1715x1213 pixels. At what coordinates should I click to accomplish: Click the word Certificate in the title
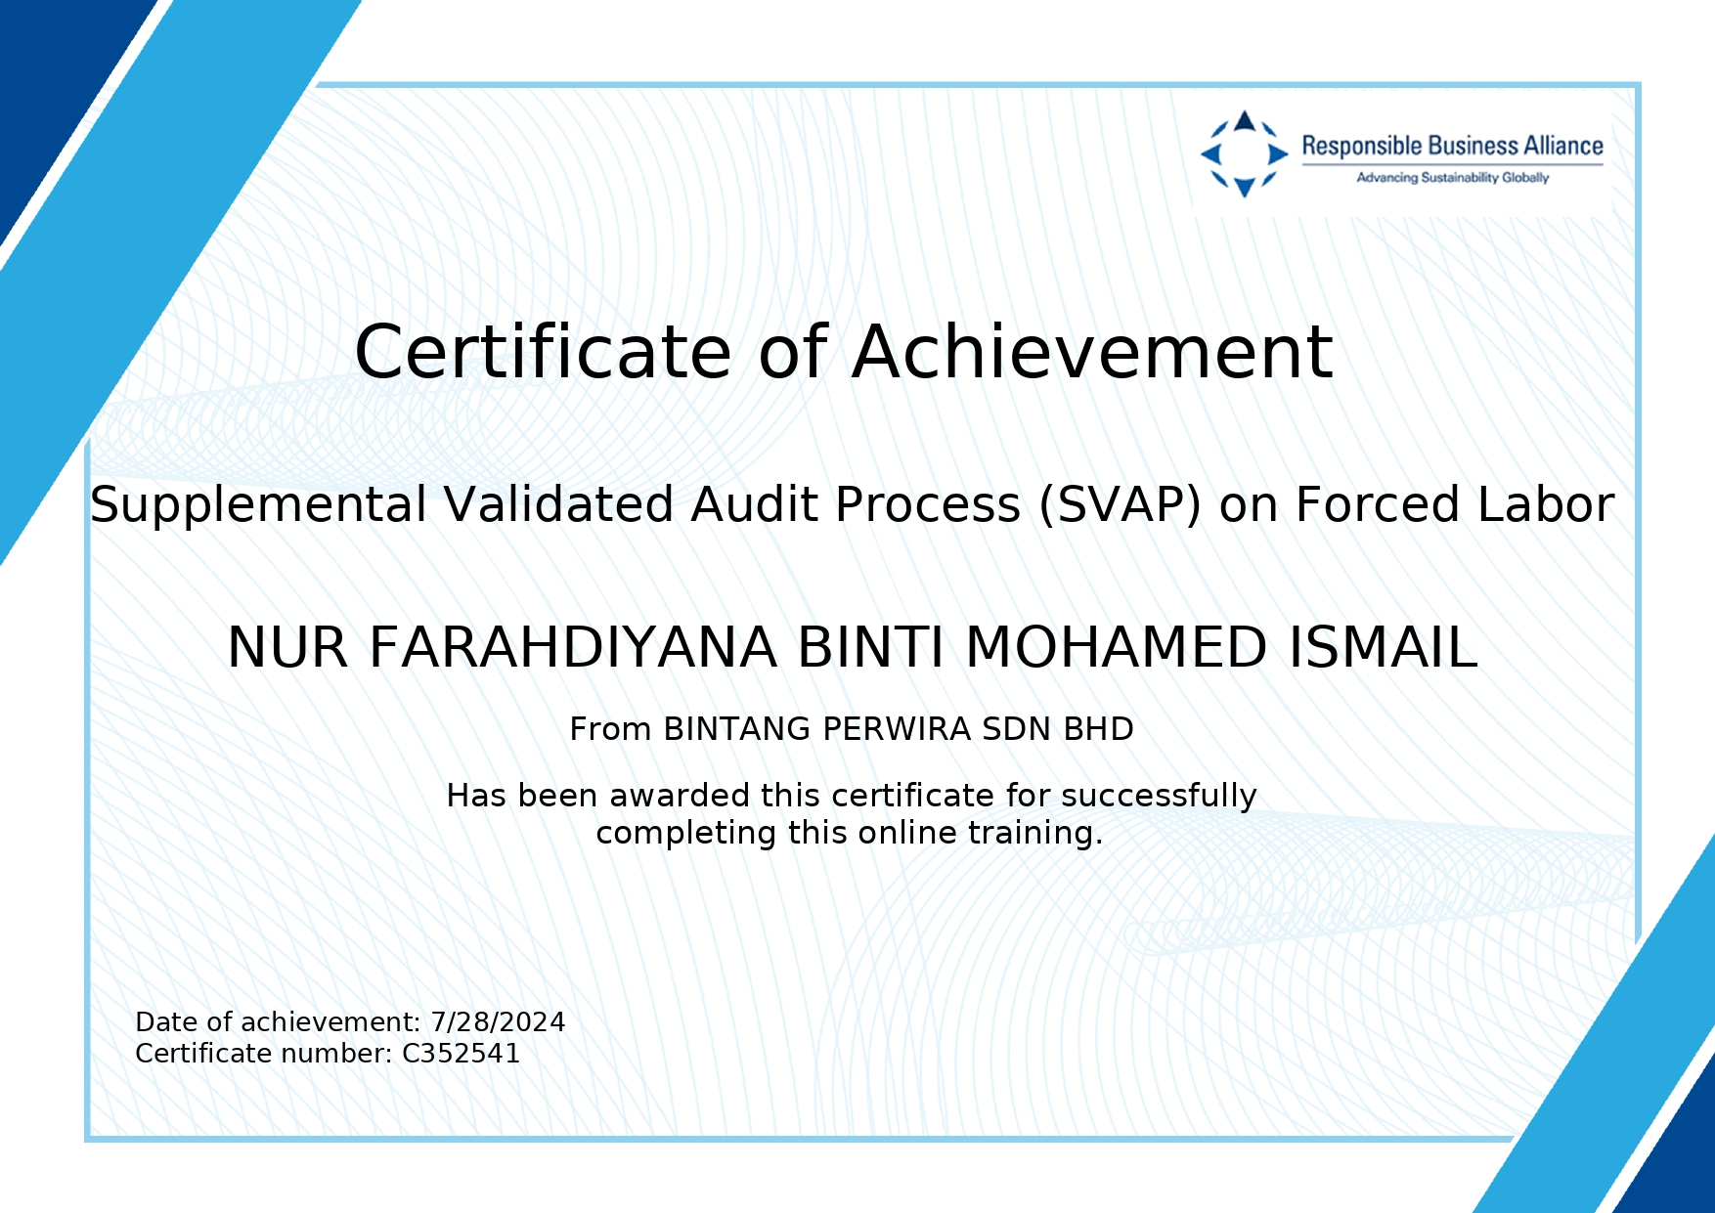tap(543, 352)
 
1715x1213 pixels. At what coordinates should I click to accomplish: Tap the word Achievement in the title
tap(1092, 352)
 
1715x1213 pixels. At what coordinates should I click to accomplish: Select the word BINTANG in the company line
tap(737, 729)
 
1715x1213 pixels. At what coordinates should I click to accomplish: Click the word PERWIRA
tap(897, 729)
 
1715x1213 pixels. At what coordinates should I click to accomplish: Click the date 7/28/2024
tap(498, 1022)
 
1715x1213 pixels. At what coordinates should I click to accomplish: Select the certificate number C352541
tap(461, 1054)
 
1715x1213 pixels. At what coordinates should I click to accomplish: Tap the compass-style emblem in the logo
tap(1244, 153)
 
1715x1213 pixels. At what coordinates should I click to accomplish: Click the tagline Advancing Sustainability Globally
tap(1452, 178)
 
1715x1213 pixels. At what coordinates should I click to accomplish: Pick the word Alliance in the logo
tap(1561, 147)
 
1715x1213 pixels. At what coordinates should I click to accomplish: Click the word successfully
tap(1159, 797)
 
